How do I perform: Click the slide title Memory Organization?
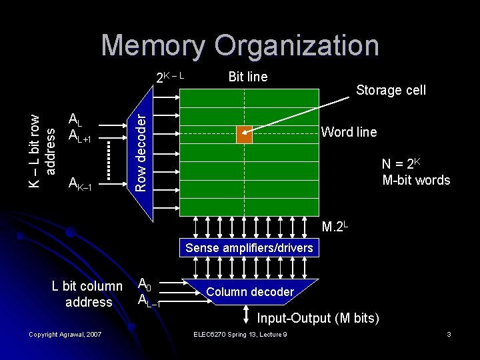pyautogui.click(x=240, y=45)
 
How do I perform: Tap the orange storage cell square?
pyautogui.click(x=245, y=134)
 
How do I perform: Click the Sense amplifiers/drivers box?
pyautogui.click(x=249, y=248)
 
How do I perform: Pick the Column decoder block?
pyautogui.click(x=250, y=292)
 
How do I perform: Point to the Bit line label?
pyautogui.click(x=247, y=77)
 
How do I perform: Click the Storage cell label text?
pyautogui.click(x=391, y=90)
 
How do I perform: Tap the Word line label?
pyautogui.click(x=349, y=132)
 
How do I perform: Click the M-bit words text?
pyautogui.click(x=416, y=180)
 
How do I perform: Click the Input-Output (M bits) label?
pyautogui.click(x=318, y=318)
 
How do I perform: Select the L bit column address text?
pyautogui.click(x=88, y=294)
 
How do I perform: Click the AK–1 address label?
pyautogui.click(x=83, y=183)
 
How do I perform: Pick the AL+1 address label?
pyautogui.click(x=80, y=135)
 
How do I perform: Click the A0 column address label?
pyautogui.click(x=144, y=285)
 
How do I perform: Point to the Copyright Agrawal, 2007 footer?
pyautogui.click(x=65, y=334)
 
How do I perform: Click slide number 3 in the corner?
pyautogui.click(x=449, y=334)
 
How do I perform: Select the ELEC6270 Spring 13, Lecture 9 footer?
pyautogui.click(x=239, y=334)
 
